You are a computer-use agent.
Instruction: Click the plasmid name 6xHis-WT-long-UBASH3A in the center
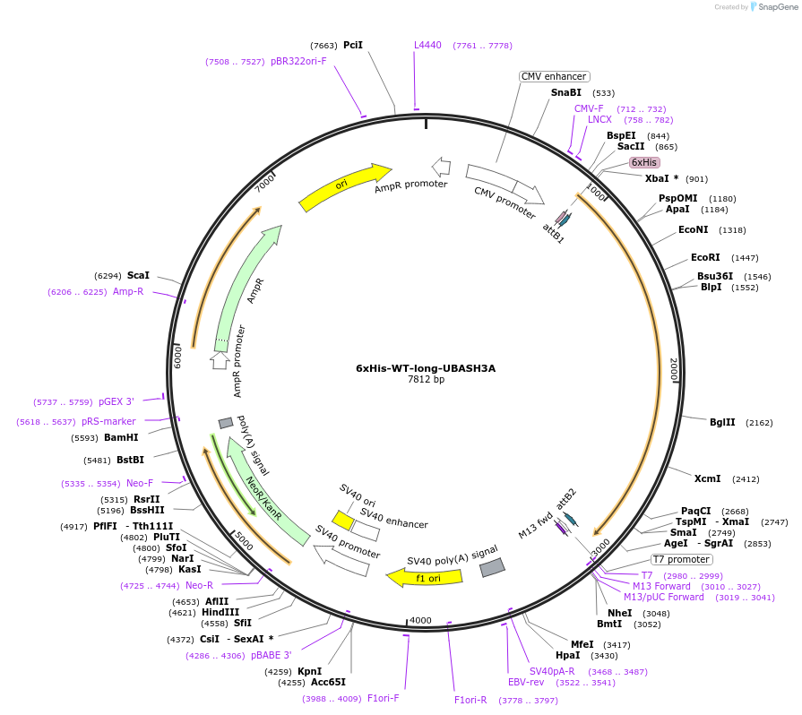point(426,367)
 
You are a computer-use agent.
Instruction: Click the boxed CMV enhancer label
point(554,77)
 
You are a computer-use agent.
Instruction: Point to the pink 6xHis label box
point(644,162)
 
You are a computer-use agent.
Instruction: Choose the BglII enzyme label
point(722,422)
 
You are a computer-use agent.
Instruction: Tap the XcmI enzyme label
point(707,478)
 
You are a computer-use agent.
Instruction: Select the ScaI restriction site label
point(138,275)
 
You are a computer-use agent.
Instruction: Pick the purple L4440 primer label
point(427,45)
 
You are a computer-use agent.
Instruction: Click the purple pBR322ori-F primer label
point(298,61)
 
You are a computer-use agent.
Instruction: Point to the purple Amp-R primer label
point(128,291)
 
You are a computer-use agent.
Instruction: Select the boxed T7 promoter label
point(682,559)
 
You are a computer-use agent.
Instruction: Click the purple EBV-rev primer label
point(526,682)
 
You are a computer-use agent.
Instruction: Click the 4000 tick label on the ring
point(420,620)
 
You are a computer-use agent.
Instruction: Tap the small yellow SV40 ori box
point(342,520)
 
